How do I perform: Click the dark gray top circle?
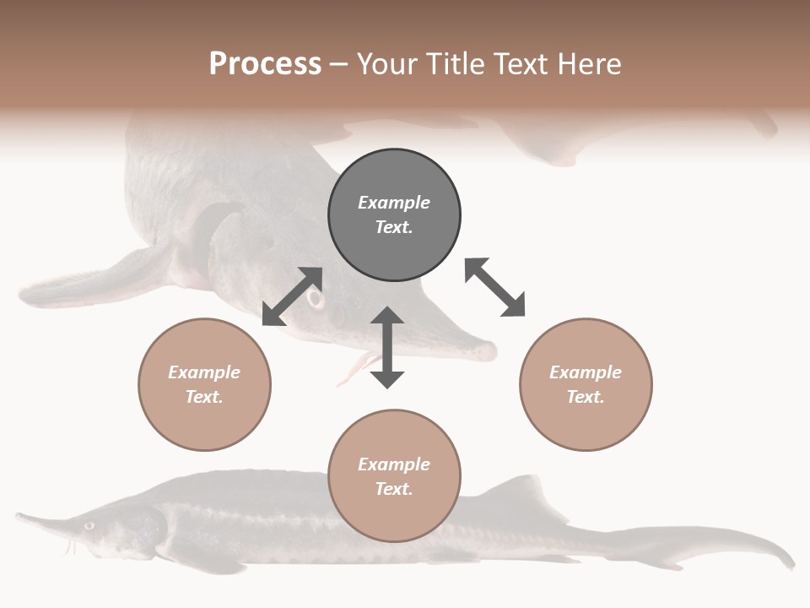coord(394,215)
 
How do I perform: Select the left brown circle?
coord(204,384)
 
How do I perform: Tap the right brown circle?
coord(586,384)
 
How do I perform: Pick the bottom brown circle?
coord(394,475)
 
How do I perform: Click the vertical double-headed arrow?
coord(387,347)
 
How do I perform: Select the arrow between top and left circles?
coord(292,296)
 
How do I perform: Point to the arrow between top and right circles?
coord(495,287)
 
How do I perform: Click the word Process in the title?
coord(265,63)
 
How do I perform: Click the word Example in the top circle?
coord(394,203)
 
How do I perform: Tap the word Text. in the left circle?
coord(204,397)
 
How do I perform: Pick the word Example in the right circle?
coord(586,372)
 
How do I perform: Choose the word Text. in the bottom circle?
coord(394,489)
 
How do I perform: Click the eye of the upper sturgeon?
coord(316,299)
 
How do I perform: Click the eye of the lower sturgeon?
coord(89,525)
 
